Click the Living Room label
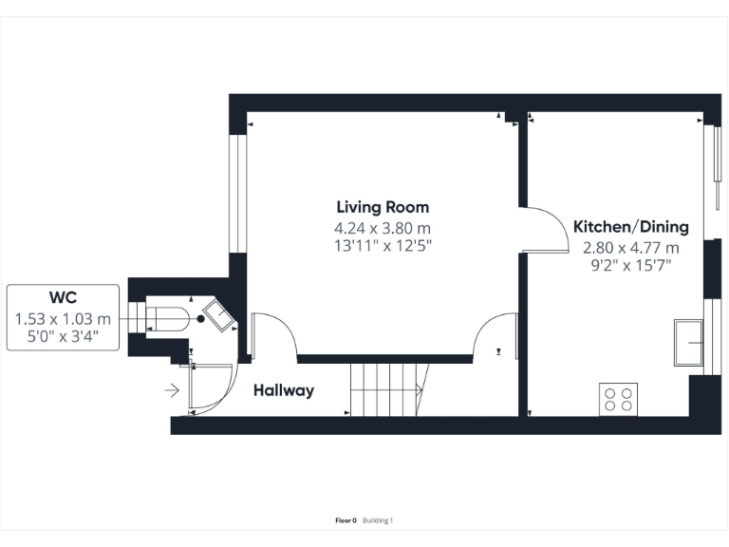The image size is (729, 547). (x=383, y=207)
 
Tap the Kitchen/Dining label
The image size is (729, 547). (x=630, y=227)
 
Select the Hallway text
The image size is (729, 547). (x=283, y=390)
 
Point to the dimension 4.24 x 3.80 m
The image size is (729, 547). (x=383, y=228)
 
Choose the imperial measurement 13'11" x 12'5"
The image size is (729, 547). (x=383, y=246)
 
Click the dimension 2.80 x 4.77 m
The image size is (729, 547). (x=630, y=248)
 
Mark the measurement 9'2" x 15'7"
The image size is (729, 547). (x=630, y=266)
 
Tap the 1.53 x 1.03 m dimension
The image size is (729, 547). (x=63, y=318)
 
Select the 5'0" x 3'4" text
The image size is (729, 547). (x=63, y=335)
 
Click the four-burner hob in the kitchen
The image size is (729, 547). (x=619, y=398)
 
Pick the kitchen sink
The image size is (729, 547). (x=689, y=343)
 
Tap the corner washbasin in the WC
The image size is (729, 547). (x=221, y=317)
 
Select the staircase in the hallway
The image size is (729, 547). (x=386, y=389)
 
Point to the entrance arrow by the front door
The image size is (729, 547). (x=172, y=389)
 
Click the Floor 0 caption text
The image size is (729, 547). (x=346, y=520)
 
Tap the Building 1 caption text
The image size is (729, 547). (x=378, y=520)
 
